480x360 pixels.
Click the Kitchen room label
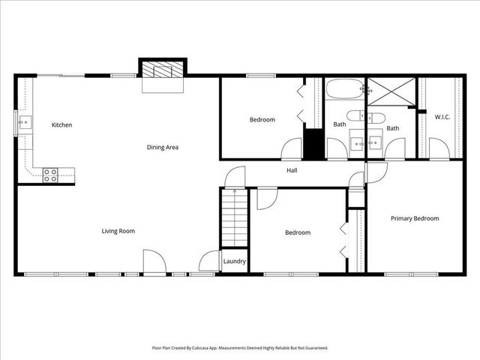(61, 124)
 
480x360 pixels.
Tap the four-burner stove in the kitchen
(50, 175)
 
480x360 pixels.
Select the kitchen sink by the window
(24, 121)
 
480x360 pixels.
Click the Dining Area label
(162, 147)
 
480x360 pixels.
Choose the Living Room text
(118, 231)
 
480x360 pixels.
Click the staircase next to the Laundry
(233, 217)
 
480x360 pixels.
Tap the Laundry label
(234, 262)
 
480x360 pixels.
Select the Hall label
(292, 170)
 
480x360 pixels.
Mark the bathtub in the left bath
(344, 89)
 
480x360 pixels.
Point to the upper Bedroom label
(262, 119)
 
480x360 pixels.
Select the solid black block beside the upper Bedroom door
(313, 144)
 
